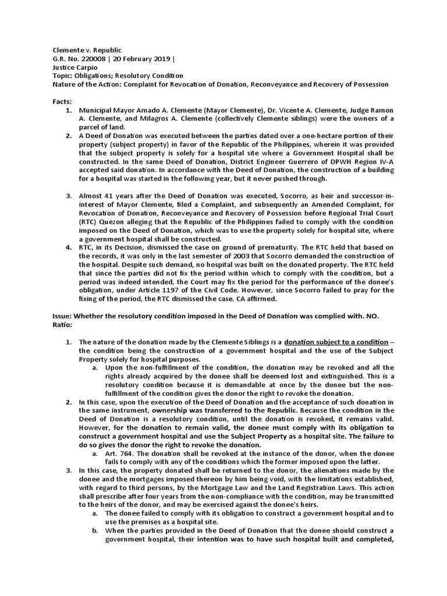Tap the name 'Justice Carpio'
73,68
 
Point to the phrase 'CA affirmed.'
254,299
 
